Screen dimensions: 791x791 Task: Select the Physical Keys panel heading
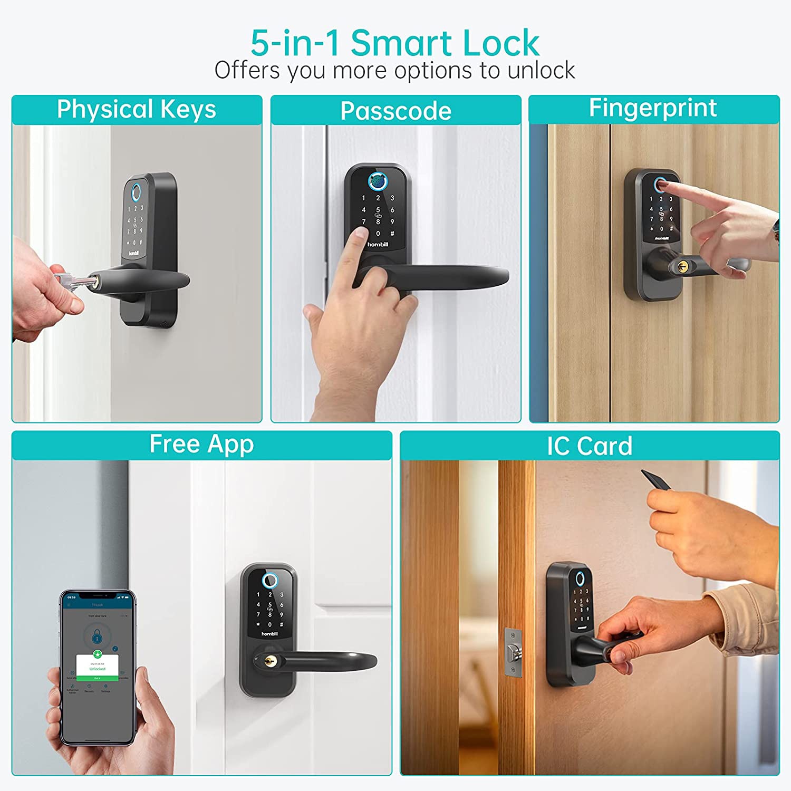click(x=137, y=110)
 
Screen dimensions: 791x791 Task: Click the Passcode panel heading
click(x=395, y=111)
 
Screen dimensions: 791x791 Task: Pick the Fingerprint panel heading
click(x=653, y=108)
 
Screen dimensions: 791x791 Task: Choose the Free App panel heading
click(x=201, y=445)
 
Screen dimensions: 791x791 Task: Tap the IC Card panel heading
click(x=589, y=446)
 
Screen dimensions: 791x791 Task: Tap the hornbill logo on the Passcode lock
click(x=378, y=245)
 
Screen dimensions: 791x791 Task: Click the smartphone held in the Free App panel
click(x=98, y=667)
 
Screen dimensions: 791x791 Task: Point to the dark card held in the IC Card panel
click(x=655, y=480)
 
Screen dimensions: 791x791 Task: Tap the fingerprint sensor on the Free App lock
click(x=269, y=581)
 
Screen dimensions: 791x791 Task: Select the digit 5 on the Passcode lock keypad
click(x=378, y=210)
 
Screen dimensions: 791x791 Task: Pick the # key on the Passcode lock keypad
click(x=392, y=234)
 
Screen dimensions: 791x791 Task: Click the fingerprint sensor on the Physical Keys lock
click(x=136, y=191)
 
